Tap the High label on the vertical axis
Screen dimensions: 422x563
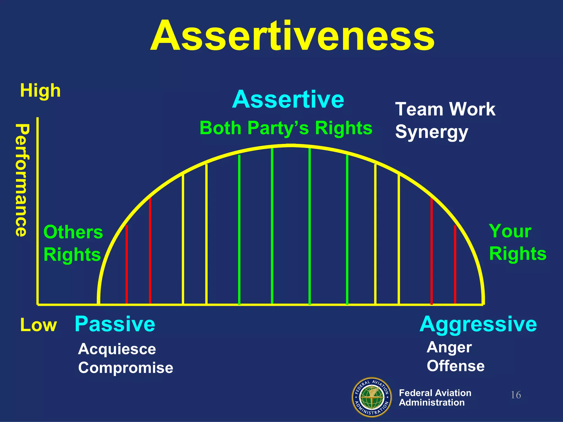pos(40,91)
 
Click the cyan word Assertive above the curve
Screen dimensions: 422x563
pos(288,99)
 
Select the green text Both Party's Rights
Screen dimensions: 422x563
pos(286,128)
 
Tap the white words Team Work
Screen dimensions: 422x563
pos(445,109)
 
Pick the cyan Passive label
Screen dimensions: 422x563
pos(115,324)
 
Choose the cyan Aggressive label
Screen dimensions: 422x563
pos(478,324)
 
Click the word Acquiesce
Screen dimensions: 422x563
pos(117,349)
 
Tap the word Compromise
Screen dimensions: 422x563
pos(126,368)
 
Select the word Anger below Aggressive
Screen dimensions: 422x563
pos(449,348)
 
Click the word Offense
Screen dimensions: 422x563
pos(456,366)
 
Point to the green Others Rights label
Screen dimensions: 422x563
pos(73,243)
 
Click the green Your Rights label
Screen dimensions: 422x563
pos(517,242)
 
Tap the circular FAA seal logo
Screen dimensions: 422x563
pos(372,397)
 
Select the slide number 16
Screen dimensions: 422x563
pos(516,395)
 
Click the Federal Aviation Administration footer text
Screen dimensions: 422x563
pos(435,398)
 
